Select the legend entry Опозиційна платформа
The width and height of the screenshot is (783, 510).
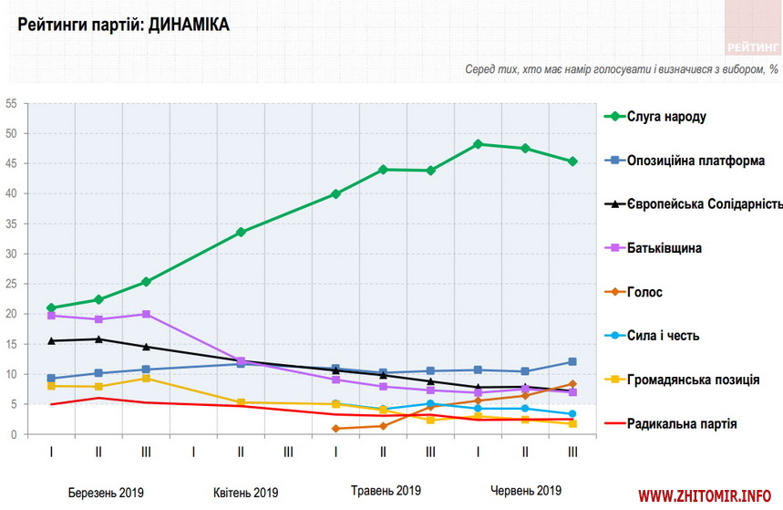click(x=695, y=161)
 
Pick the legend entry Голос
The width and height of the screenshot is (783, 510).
click(x=644, y=292)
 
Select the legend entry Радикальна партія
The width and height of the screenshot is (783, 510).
click(x=682, y=423)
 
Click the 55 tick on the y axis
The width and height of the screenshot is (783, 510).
click(x=11, y=104)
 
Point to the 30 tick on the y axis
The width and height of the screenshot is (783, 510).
click(x=11, y=254)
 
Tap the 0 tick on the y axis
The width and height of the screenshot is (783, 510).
click(x=14, y=434)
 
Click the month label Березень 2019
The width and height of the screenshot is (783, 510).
click(x=106, y=493)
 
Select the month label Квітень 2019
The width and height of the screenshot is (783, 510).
click(x=246, y=493)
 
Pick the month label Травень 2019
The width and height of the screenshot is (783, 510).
click(x=386, y=491)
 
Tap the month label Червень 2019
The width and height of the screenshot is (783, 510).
click(x=525, y=491)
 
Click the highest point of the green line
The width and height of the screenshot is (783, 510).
click(x=478, y=144)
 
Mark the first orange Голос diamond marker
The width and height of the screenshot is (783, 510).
click(x=335, y=428)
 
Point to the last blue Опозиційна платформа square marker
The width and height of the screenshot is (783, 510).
click(x=572, y=362)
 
